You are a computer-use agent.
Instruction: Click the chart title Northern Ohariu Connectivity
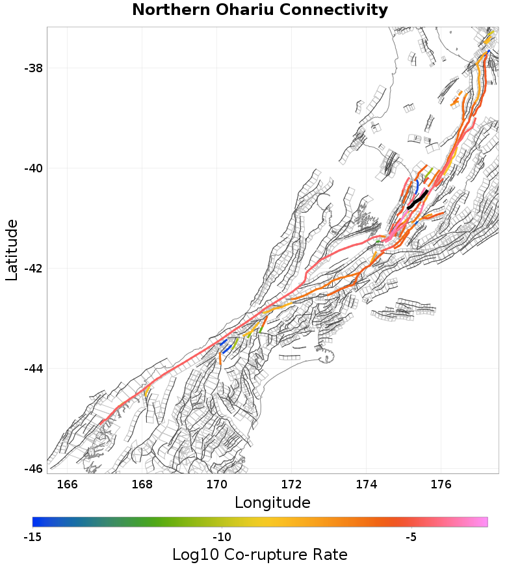pos(260,10)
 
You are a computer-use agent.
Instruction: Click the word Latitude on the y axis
pos(12,250)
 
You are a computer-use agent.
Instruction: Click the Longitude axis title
pos(272,503)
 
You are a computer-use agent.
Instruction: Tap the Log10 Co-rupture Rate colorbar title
pos(259,555)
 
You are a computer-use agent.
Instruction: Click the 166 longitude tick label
pos(67,484)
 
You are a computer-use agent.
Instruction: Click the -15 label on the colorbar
pos(32,537)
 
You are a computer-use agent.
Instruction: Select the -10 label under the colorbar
pos(222,537)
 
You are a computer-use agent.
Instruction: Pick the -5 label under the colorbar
pos(410,537)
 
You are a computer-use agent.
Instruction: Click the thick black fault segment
pos(417,200)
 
